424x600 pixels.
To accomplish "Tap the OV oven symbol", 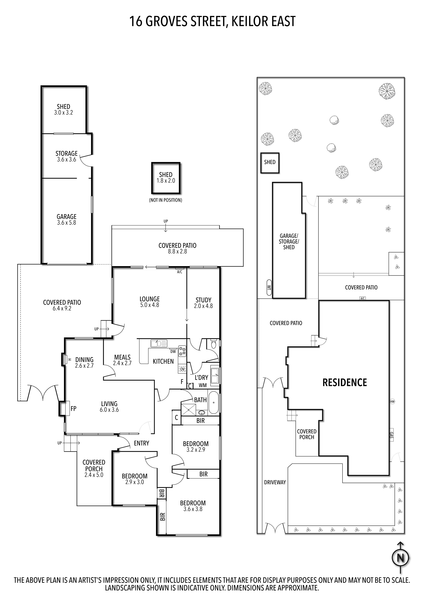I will [182, 369].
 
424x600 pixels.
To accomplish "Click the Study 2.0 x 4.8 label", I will [203, 303].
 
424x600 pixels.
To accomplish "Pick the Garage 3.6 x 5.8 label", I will [67, 220].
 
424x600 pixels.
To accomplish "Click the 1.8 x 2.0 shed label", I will [166, 178].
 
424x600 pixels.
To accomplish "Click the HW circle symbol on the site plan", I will [392, 401].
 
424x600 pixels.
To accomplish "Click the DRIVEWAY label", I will [275, 482].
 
